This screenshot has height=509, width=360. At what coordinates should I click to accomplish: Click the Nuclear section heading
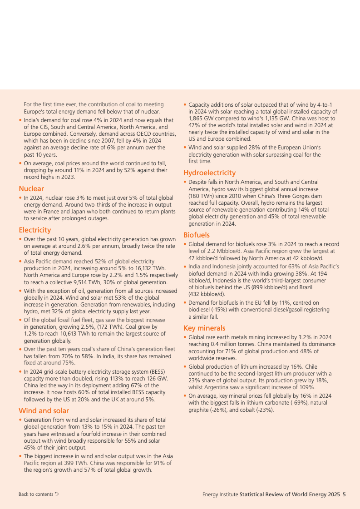click(x=31, y=188)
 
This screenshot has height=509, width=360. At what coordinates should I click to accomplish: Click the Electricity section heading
click(x=35, y=230)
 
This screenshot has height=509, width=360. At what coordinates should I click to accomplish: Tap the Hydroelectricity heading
click(x=209, y=173)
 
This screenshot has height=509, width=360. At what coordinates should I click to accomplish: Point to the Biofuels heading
click(x=197, y=235)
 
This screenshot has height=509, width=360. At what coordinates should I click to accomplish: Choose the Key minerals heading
click(x=204, y=328)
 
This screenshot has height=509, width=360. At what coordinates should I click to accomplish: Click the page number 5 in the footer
click(x=344, y=494)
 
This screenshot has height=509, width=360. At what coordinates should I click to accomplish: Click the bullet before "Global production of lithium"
click(x=185, y=366)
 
